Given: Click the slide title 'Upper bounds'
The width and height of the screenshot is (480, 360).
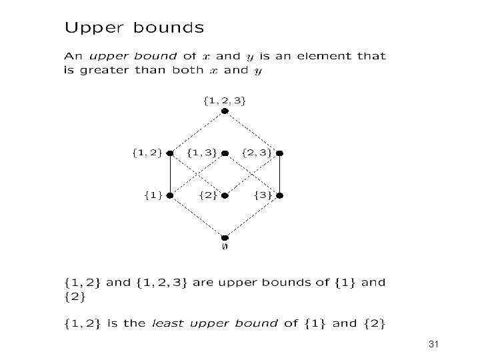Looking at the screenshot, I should (134, 28).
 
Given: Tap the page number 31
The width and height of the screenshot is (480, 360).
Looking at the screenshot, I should (435, 344).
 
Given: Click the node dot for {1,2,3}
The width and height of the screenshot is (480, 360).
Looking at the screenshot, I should (225, 111).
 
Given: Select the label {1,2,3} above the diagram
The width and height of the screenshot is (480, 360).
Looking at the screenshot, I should (224, 101).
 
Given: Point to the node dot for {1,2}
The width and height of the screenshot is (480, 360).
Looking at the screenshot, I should (170, 153).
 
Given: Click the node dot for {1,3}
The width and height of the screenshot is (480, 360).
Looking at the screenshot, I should (225, 153).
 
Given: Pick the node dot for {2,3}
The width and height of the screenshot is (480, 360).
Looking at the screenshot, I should (279, 153).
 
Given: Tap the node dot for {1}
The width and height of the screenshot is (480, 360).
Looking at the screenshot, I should (170, 196).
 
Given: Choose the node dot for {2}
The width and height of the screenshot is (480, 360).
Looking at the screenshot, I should (225, 196).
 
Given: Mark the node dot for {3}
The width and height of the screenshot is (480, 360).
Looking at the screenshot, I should (279, 196).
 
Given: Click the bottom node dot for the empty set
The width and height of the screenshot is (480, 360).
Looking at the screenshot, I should (225, 237).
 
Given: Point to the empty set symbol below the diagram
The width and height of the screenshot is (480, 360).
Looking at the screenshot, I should (225, 247).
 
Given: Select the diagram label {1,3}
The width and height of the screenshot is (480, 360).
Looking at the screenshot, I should (201, 153).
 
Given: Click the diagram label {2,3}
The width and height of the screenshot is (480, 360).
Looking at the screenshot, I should (256, 153).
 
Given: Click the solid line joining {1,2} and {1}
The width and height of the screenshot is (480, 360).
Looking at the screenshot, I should (170, 175).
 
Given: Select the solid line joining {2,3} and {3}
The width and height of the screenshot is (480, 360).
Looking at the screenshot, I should (279, 175).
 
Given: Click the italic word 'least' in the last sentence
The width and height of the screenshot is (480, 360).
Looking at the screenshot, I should (167, 323).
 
